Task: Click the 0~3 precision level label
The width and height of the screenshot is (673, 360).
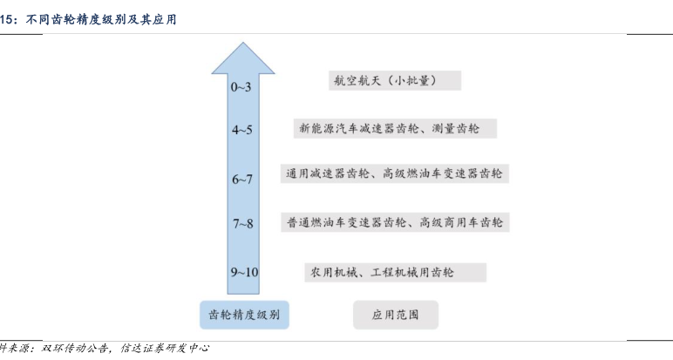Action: point(241,87)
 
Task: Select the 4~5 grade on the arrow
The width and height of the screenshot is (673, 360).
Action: point(241,130)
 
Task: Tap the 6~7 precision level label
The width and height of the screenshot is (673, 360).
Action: point(241,180)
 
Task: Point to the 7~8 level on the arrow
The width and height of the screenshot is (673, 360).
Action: point(242,224)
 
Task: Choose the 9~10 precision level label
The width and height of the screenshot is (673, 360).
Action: point(244,273)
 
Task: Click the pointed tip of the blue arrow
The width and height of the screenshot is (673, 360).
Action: point(241,44)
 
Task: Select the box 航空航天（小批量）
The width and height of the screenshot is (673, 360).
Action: point(390,81)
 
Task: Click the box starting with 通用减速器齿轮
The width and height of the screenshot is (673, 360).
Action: point(394,174)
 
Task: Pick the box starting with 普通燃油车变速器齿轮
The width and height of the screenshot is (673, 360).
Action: point(394,223)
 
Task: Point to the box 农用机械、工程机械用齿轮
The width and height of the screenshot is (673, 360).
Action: point(394,272)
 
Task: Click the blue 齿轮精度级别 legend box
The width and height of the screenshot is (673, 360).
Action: point(244,315)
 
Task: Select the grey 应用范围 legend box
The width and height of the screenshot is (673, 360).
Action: point(395,315)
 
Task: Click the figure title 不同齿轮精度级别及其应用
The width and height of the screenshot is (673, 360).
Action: point(100,17)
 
